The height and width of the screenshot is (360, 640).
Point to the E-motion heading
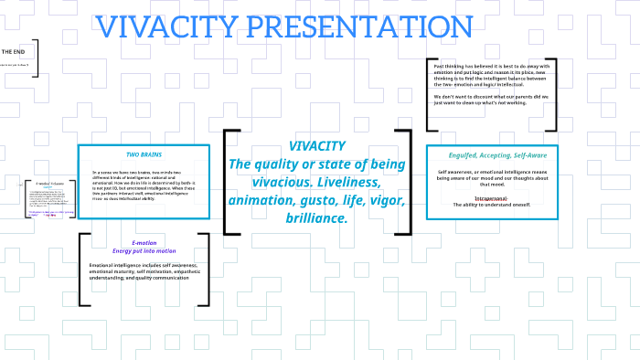click(144, 242)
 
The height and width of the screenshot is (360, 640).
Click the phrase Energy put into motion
click(144, 250)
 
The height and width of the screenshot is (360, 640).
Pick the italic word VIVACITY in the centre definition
click(316, 145)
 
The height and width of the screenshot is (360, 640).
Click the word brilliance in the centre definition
click(316, 218)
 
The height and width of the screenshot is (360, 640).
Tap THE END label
click(14, 52)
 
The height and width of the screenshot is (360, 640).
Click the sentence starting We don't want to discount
click(491, 100)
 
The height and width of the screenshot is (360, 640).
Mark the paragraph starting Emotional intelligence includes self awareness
click(144, 270)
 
